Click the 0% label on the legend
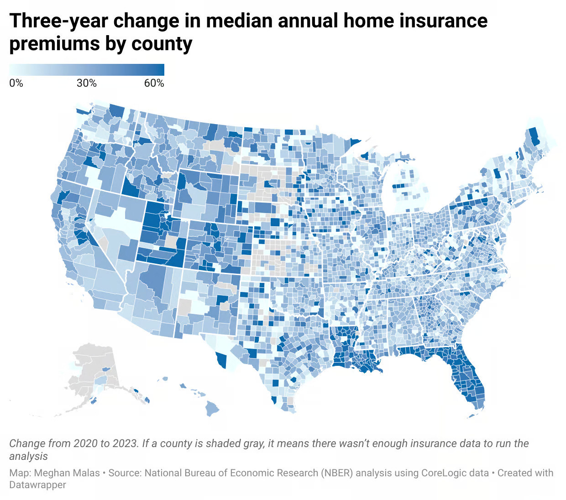tap(16, 83)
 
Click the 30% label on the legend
tap(87, 83)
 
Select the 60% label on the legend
tap(154, 83)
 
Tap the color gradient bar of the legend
tap(87, 69)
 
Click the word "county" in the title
tap(162, 44)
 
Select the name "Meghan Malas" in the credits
tap(67, 473)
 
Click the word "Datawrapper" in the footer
tap(37, 485)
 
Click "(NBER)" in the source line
tap(337, 473)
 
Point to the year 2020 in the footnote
tap(85, 443)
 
